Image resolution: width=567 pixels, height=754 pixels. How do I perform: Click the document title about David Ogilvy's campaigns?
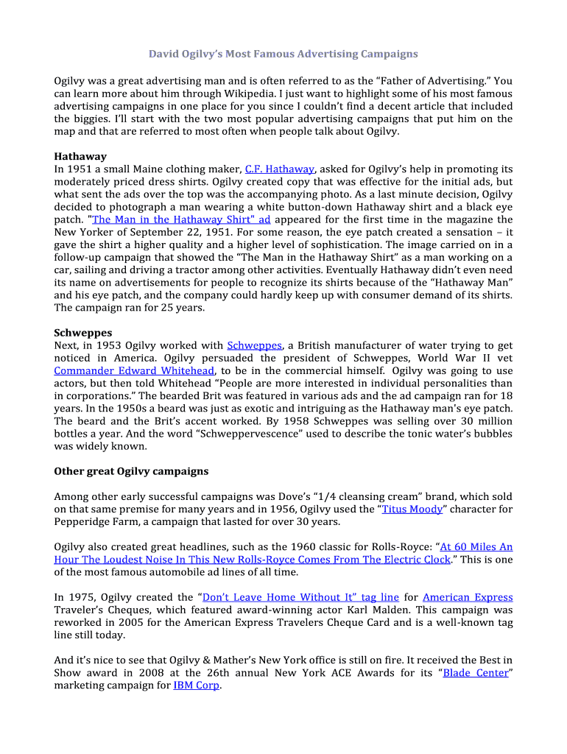tap(283, 54)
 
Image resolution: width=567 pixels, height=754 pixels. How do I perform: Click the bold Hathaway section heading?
tap(80, 156)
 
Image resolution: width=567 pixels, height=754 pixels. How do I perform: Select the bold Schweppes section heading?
tap(83, 333)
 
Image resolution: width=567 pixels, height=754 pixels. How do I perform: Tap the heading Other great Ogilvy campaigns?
tap(131, 471)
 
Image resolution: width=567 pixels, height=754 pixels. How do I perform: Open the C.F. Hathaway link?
tap(280, 169)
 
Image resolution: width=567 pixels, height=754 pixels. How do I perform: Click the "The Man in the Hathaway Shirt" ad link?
tap(181, 219)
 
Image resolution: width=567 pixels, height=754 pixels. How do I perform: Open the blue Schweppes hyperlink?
tap(254, 345)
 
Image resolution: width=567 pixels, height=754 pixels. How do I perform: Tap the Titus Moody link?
tap(412, 509)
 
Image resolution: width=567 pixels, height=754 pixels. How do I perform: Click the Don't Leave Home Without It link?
tap(300, 597)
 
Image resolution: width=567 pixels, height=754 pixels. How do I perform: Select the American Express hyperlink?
tap(468, 597)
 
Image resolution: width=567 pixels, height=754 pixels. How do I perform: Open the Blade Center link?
tap(476, 673)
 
